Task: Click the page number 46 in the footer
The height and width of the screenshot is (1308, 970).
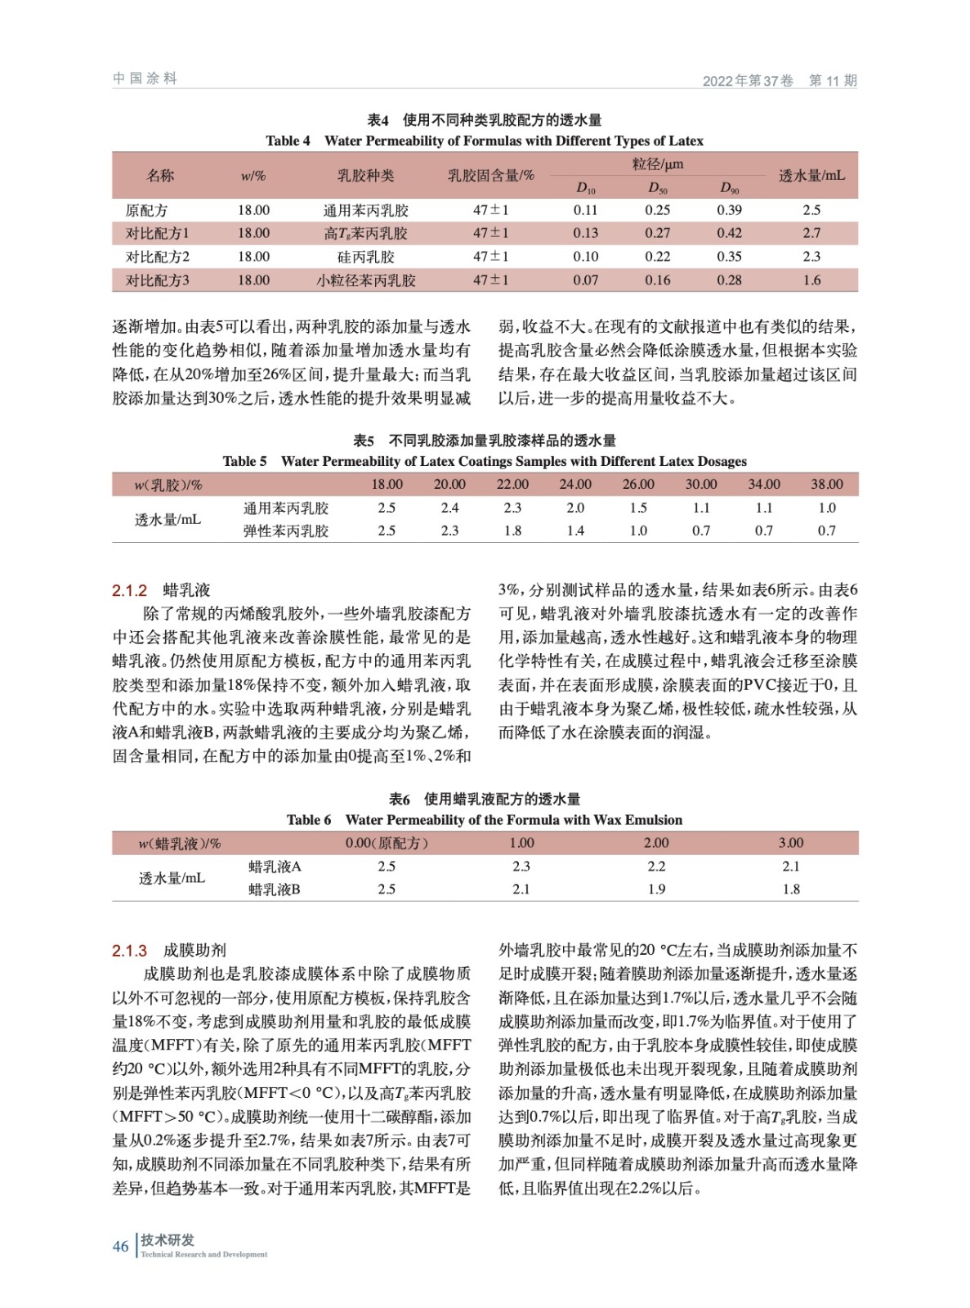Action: pyautogui.click(x=120, y=1246)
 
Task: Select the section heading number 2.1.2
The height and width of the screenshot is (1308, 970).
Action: pyautogui.click(x=129, y=590)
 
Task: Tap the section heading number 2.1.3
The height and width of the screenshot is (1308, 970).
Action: pyautogui.click(x=129, y=951)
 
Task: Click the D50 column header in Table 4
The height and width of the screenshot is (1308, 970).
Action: pyautogui.click(x=657, y=188)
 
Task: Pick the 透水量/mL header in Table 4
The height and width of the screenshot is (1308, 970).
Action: pyautogui.click(x=811, y=176)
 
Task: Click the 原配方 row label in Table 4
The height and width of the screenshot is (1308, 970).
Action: pyautogui.click(x=146, y=210)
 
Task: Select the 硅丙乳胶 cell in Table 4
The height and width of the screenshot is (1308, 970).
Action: pyautogui.click(x=365, y=257)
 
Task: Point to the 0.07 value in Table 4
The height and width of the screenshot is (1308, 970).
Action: pyautogui.click(x=585, y=280)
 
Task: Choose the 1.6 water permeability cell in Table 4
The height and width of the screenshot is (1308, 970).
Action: pyautogui.click(x=811, y=280)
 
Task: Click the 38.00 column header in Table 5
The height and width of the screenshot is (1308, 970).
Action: pyautogui.click(x=826, y=485)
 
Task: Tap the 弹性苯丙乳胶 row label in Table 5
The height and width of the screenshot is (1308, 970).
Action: pyautogui.click(x=285, y=531)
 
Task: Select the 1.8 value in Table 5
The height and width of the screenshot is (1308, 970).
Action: pyautogui.click(x=512, y=531)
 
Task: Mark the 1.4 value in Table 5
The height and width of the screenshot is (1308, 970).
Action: pyautogui.click(x=575, y=531)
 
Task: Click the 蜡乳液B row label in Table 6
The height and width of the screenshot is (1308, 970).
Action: pyautogui.click(x=275, y=889)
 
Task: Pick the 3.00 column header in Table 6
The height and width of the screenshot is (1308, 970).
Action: pyautogui.click(x=790, y=843)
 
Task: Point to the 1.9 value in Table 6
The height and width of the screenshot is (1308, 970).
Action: pyautogui.click(x=656, y=889)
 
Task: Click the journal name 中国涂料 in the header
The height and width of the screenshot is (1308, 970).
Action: pyautogui.click(x=145, y=78)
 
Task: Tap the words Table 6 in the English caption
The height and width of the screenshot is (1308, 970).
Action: pyautogui.click(x=309, y=820)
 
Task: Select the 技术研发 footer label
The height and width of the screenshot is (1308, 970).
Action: pyautogui.click(x=168, y=1240)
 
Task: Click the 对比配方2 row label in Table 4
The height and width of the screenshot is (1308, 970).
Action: pyautogui.click(x=157, y=257)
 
